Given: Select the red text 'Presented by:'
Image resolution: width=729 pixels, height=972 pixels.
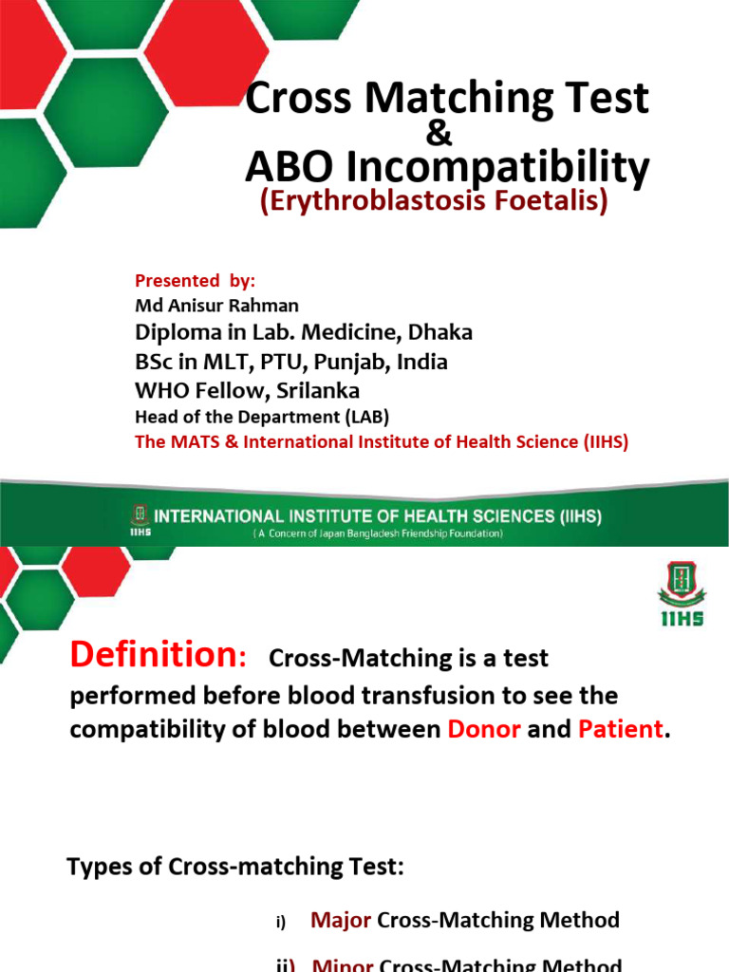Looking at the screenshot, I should pos(196,281).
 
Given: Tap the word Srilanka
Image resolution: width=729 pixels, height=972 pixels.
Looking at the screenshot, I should pos(313,391).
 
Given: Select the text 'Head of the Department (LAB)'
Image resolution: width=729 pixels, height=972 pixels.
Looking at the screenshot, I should pos(262,417).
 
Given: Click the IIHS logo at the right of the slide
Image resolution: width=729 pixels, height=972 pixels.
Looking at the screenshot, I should pos(681,598).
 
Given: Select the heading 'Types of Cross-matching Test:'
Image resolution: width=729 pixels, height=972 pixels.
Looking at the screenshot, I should pos(235,867).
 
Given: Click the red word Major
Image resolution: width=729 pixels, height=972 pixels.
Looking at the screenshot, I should pos(342,920).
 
